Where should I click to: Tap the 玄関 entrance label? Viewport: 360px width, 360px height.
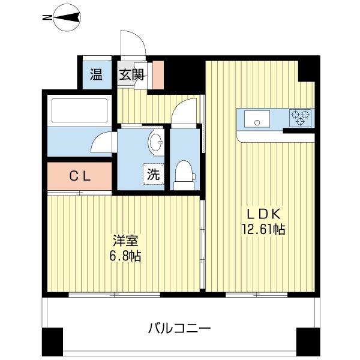pos(131,75)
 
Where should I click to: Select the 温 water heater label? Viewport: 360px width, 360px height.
pos(96,75)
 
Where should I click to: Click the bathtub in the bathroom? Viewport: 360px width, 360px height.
pos(80,111)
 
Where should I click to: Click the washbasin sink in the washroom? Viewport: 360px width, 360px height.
pos(155,143)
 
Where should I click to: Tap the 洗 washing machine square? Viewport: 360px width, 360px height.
pos(154,175)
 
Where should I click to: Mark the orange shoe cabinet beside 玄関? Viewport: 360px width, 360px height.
pos(157,74)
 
